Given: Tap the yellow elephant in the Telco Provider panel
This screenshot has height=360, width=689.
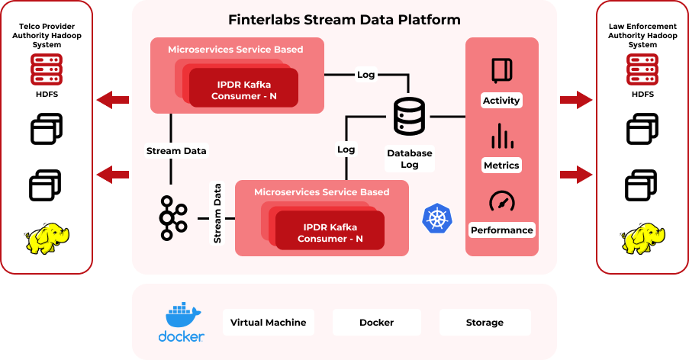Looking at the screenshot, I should [46, 238].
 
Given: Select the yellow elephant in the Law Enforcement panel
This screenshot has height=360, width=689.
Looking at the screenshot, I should [642, 238].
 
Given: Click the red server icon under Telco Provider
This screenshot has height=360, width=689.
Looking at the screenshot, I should [46, 69].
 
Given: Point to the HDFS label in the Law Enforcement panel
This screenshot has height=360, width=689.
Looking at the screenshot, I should [642, 94].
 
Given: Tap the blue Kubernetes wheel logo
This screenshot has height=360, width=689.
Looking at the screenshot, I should [436, 218].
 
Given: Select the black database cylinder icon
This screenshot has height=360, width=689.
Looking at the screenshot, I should [409, 117].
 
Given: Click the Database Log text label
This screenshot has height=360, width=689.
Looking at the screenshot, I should [409, 159].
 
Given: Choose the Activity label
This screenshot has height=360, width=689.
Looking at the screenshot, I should [501, 101].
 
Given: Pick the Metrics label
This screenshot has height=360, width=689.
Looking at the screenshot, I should [501, 166].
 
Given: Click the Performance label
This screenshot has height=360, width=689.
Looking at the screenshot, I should [501, 230].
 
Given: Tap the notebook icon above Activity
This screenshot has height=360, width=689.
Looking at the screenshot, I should [501, 71].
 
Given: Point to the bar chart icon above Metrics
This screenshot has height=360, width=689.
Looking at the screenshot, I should [501, 137].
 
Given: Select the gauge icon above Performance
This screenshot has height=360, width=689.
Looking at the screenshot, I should [501, 201].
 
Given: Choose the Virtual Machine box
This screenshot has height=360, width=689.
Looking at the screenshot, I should [268, 323].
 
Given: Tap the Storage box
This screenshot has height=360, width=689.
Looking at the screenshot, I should [485, 323].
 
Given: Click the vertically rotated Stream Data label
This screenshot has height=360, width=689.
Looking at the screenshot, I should [217, 213].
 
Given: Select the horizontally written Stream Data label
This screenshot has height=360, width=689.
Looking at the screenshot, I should [175, 151].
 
